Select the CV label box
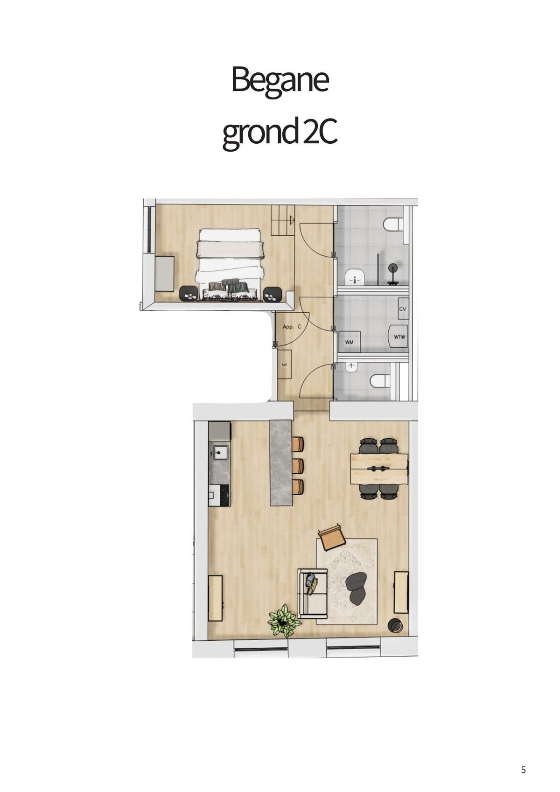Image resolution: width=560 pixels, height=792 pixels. (x=403, y=308)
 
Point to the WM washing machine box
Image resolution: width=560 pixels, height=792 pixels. (x=349, y=342)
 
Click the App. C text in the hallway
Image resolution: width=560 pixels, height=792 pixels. (x=292, y=327)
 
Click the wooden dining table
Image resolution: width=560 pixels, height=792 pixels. (x=379, y=469)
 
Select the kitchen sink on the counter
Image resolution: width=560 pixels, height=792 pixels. (x=219, y=452)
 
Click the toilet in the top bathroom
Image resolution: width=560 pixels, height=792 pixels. (x=393, y=224)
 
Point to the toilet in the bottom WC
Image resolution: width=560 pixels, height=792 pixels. (x=380, y=381)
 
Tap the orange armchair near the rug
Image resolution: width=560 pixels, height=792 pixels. (x=332, y=542)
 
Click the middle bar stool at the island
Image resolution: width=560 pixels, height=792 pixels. (x=298, y=466)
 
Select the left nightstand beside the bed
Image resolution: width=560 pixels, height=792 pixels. (x=188, y=294)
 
